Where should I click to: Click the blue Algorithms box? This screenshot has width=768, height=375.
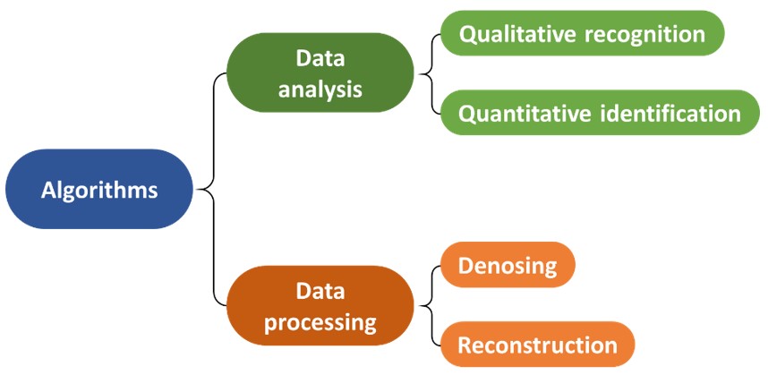coord(99,189)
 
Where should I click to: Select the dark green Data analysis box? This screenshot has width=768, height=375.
coord(320,72)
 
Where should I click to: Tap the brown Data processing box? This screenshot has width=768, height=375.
coord(320,305)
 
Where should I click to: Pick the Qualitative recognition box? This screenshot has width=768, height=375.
coord(583,33)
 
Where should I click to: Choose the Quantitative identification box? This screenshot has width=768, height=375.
coord(600,113)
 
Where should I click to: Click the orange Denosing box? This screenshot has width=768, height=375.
coord(508,265)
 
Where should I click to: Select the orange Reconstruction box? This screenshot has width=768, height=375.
coord(537,345)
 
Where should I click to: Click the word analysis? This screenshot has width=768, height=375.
coord(320,90)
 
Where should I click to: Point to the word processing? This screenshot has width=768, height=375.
coord(320,324)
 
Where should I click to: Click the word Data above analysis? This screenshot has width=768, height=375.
coord(320,59)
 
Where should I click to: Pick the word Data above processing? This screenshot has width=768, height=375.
coord(320,292)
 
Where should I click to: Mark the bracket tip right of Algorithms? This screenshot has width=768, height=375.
coord(196,189)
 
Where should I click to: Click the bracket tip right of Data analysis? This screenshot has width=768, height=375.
coord(417,74)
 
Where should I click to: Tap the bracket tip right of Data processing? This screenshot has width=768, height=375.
coord(417,307)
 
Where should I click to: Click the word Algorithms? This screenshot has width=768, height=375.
coord(99,190)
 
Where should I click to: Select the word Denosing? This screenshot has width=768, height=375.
coord(508,266)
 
